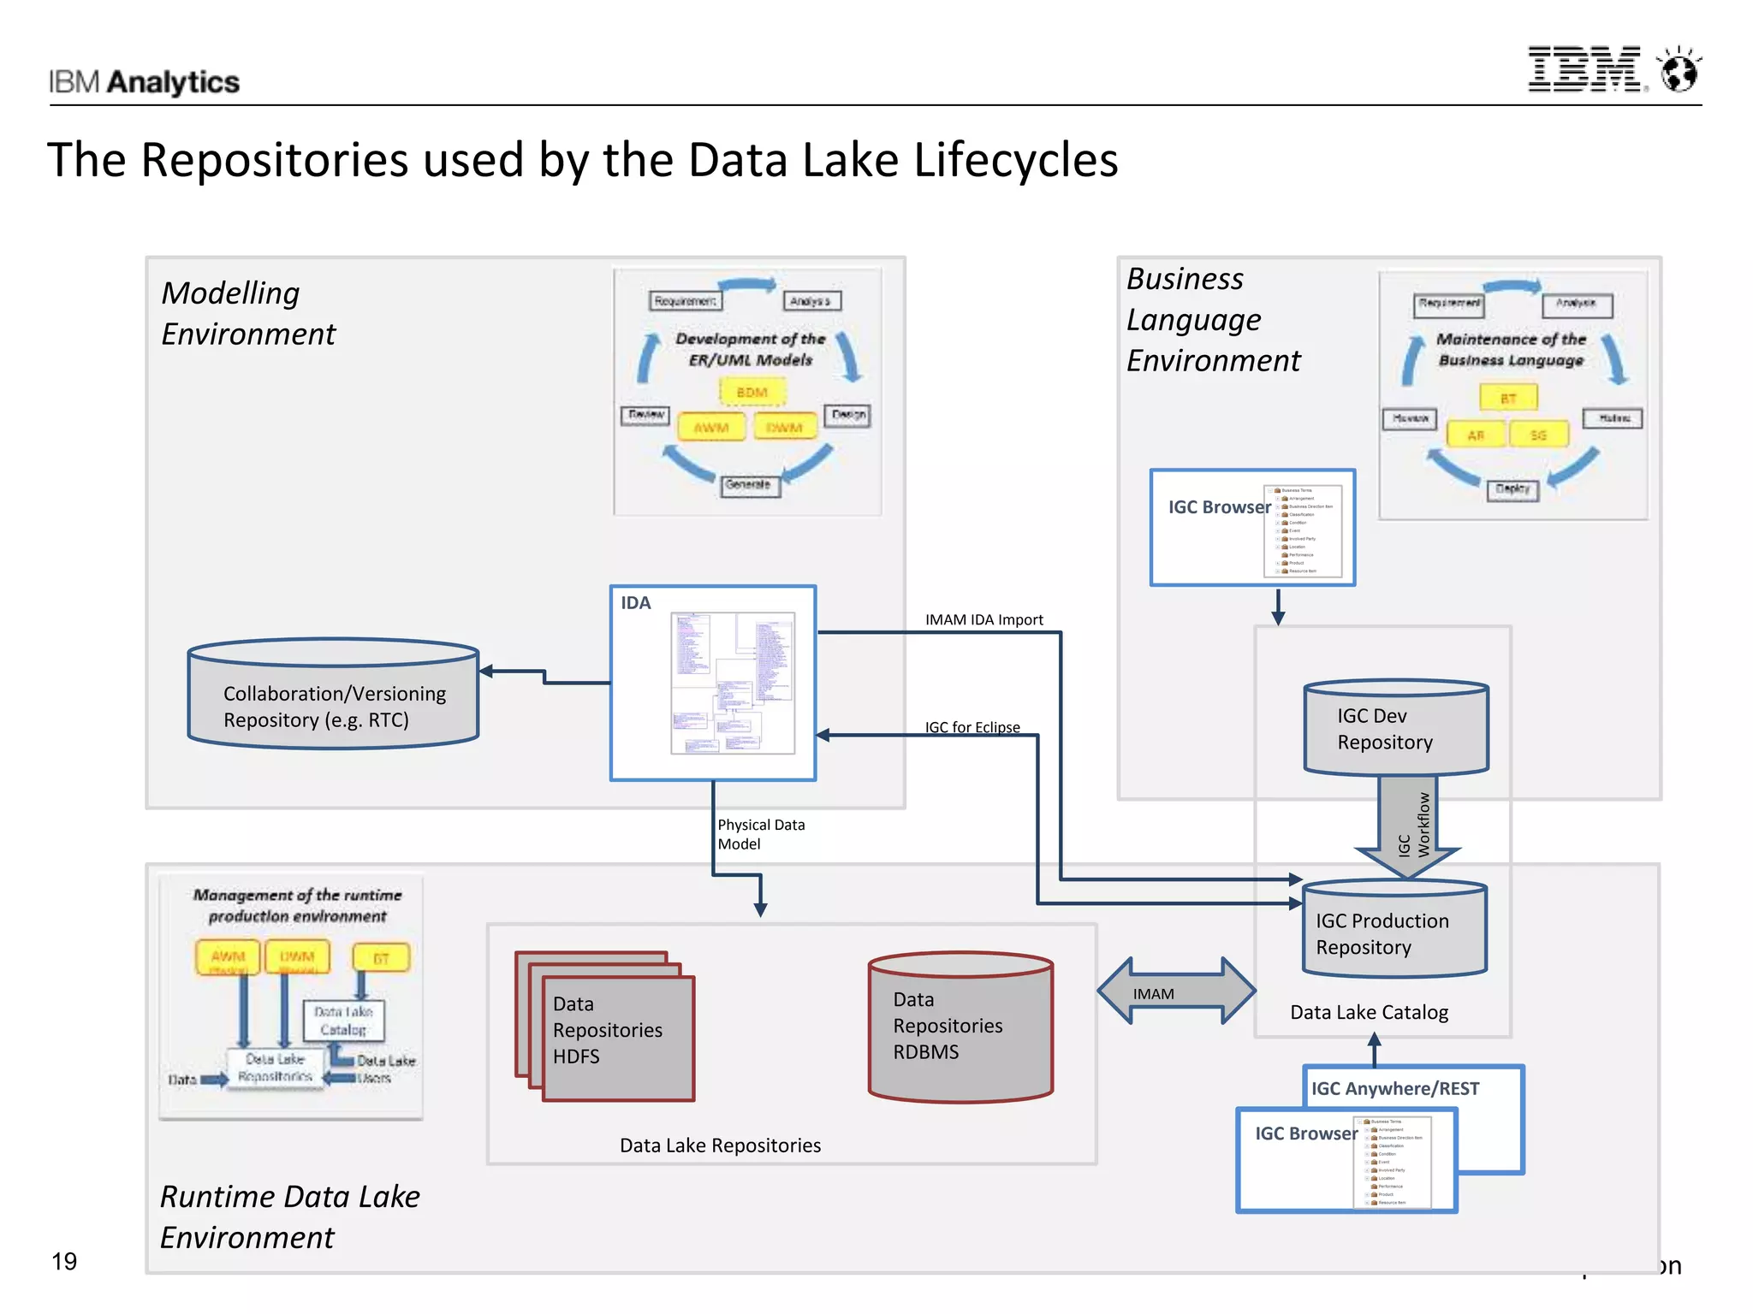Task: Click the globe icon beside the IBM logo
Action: [x=1679, y=70]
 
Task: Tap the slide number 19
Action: [x=64, y=1261]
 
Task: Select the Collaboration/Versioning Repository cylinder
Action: [x=333, y=695]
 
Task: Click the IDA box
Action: [x=712, y=683]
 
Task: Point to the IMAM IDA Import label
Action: [x=983, y=619]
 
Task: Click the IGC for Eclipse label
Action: [x=972, y=727]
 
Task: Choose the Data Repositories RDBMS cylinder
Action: [x=960, y=1026]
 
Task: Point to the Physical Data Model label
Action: [x=760, y=834]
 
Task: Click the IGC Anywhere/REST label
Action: [x=1394, y=1088]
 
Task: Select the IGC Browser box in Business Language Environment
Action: [x=1251, y=527]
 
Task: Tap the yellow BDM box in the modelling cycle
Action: [x=752, y=392]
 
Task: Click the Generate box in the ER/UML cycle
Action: [x=747, y=484]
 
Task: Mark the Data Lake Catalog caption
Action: [x=1369, y=1012]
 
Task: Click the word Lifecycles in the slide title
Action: [x=1015, y=160]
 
